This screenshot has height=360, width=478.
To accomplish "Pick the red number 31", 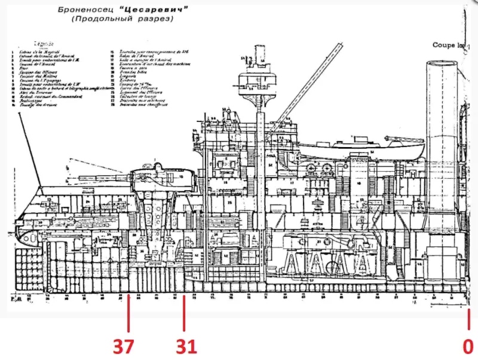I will [x=186, y=345].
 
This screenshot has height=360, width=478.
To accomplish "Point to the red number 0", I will [x=468, y=345].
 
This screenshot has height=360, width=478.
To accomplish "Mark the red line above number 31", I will [x=184, y=312].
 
